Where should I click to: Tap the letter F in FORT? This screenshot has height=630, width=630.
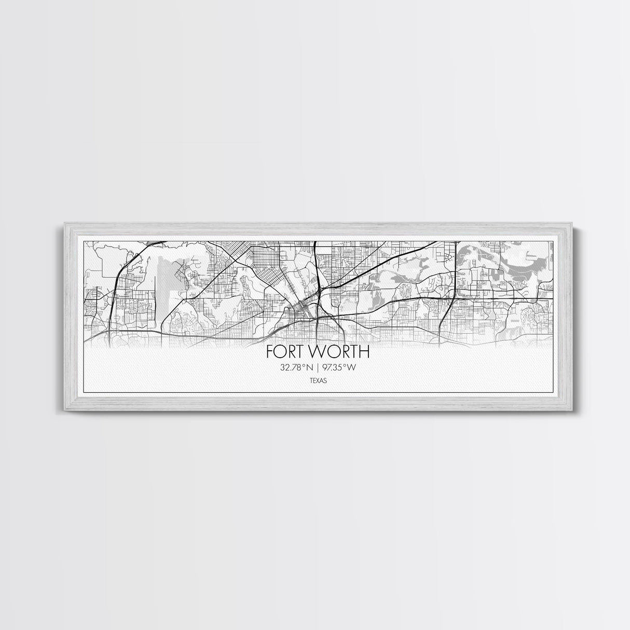click(x=270, y=352)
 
